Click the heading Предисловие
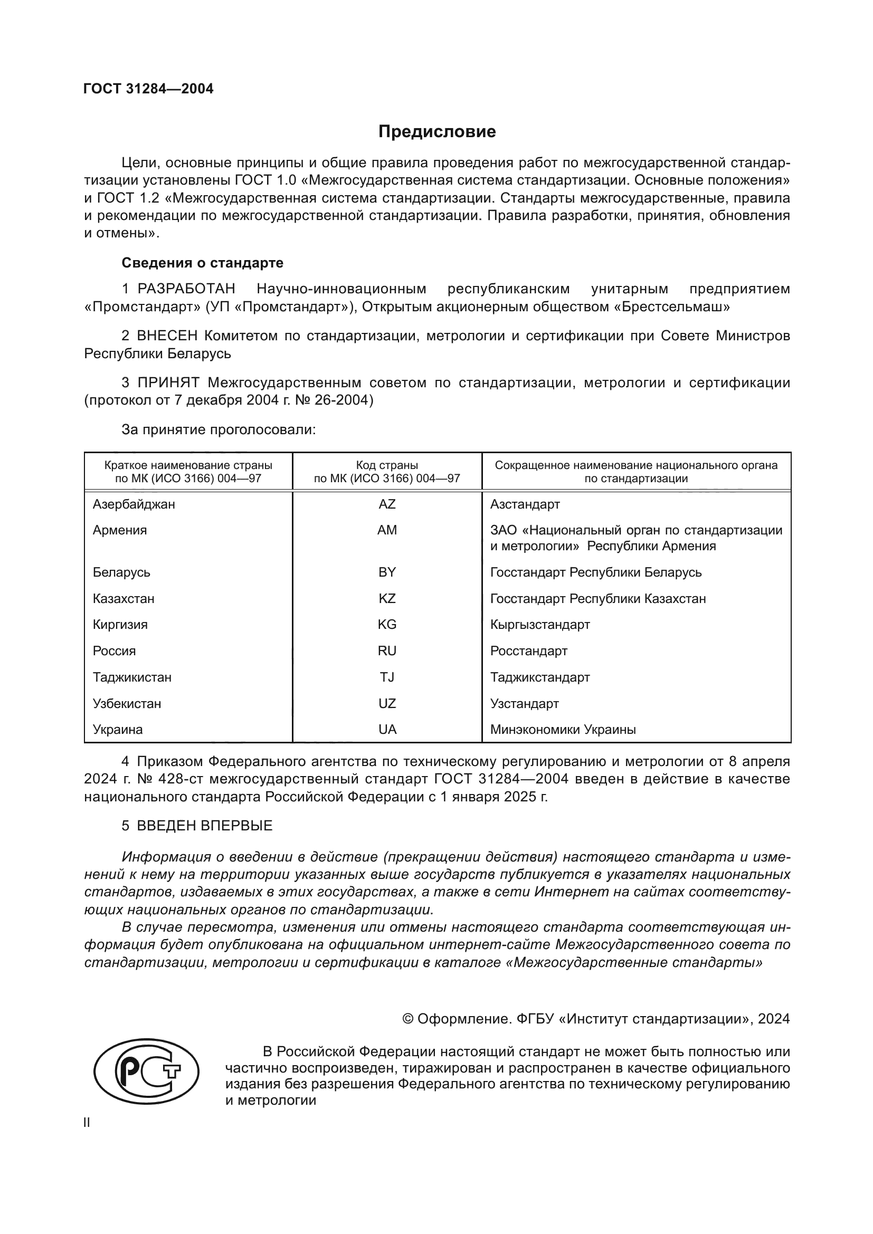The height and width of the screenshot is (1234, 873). [437, 132]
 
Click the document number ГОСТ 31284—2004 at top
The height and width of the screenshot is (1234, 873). [148, 89]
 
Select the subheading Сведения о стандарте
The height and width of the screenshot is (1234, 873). [202, 263]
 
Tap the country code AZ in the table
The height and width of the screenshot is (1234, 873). [386, 504]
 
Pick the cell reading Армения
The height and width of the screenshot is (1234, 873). [119, 530]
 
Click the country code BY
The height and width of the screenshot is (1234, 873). [386, 572]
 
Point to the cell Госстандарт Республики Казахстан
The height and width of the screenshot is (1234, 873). [598, 598]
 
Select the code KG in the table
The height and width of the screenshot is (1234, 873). [386, 625]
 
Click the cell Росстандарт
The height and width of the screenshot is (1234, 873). [528, 651]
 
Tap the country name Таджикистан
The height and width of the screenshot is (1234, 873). [132, 677]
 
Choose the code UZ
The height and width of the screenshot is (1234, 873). [386, 704]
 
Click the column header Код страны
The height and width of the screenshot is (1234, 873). [386, 465]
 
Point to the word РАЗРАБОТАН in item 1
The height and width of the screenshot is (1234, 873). [186, 289]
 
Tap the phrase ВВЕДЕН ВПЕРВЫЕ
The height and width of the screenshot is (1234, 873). [205, 826]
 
